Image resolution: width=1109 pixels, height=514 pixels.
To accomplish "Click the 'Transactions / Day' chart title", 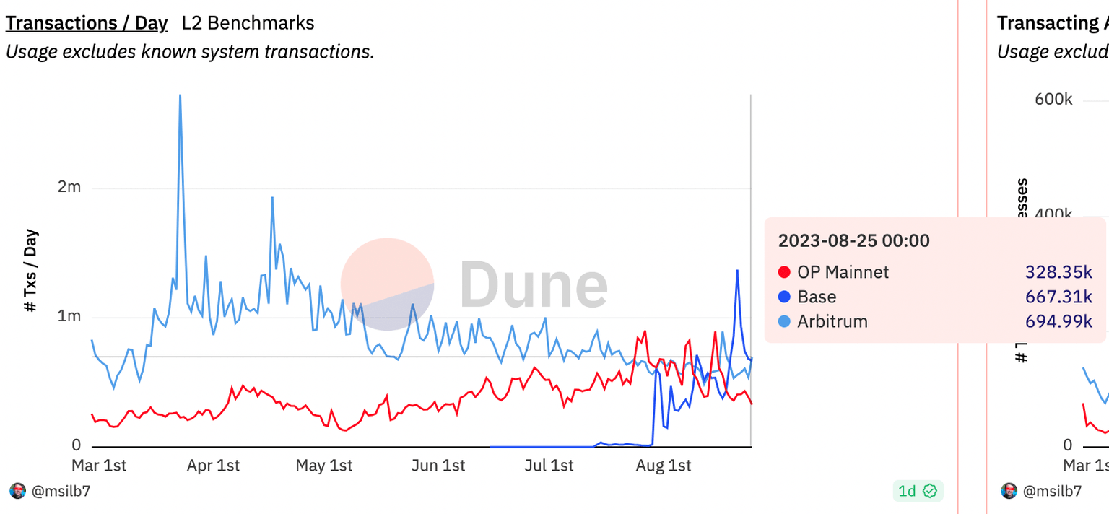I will [x=87, y=23].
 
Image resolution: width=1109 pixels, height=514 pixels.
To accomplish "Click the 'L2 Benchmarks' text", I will [x=248, y=23].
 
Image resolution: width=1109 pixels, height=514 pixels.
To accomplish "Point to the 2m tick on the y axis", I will [x=69, y=187].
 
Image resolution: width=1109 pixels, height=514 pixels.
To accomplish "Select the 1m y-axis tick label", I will [x=69, y=316].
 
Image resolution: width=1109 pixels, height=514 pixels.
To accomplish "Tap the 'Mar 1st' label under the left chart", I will [x=99, y=466].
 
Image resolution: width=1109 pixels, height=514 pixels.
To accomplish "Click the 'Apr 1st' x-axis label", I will [x=212, y=466].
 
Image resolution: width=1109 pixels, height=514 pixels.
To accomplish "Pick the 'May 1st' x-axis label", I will [x=324, y=466].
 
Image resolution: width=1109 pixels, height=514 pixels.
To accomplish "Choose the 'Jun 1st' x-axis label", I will [x=438, y=466].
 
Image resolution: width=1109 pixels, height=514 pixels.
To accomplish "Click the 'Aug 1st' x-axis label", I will [x=663, y=466].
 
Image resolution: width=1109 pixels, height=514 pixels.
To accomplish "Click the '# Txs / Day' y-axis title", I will [x=30, y=271].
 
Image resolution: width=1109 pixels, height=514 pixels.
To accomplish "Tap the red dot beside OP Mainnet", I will [x=784, y=272].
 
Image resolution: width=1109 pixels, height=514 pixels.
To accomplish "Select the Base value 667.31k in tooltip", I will [x=1058, y=297].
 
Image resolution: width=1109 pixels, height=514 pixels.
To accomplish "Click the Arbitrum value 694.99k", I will [x=1058, y=321].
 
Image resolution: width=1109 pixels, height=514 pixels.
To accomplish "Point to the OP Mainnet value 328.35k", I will [x=1058, y=272].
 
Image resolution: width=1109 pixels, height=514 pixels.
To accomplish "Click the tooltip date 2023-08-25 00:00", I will [x=853, y=240].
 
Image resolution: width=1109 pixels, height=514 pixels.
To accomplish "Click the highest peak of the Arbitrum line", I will [x=180, y=96].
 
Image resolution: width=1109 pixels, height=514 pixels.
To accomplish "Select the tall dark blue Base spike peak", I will [x=737, y=271].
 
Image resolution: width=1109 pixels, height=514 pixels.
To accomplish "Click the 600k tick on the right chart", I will [x=1053, y=99].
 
